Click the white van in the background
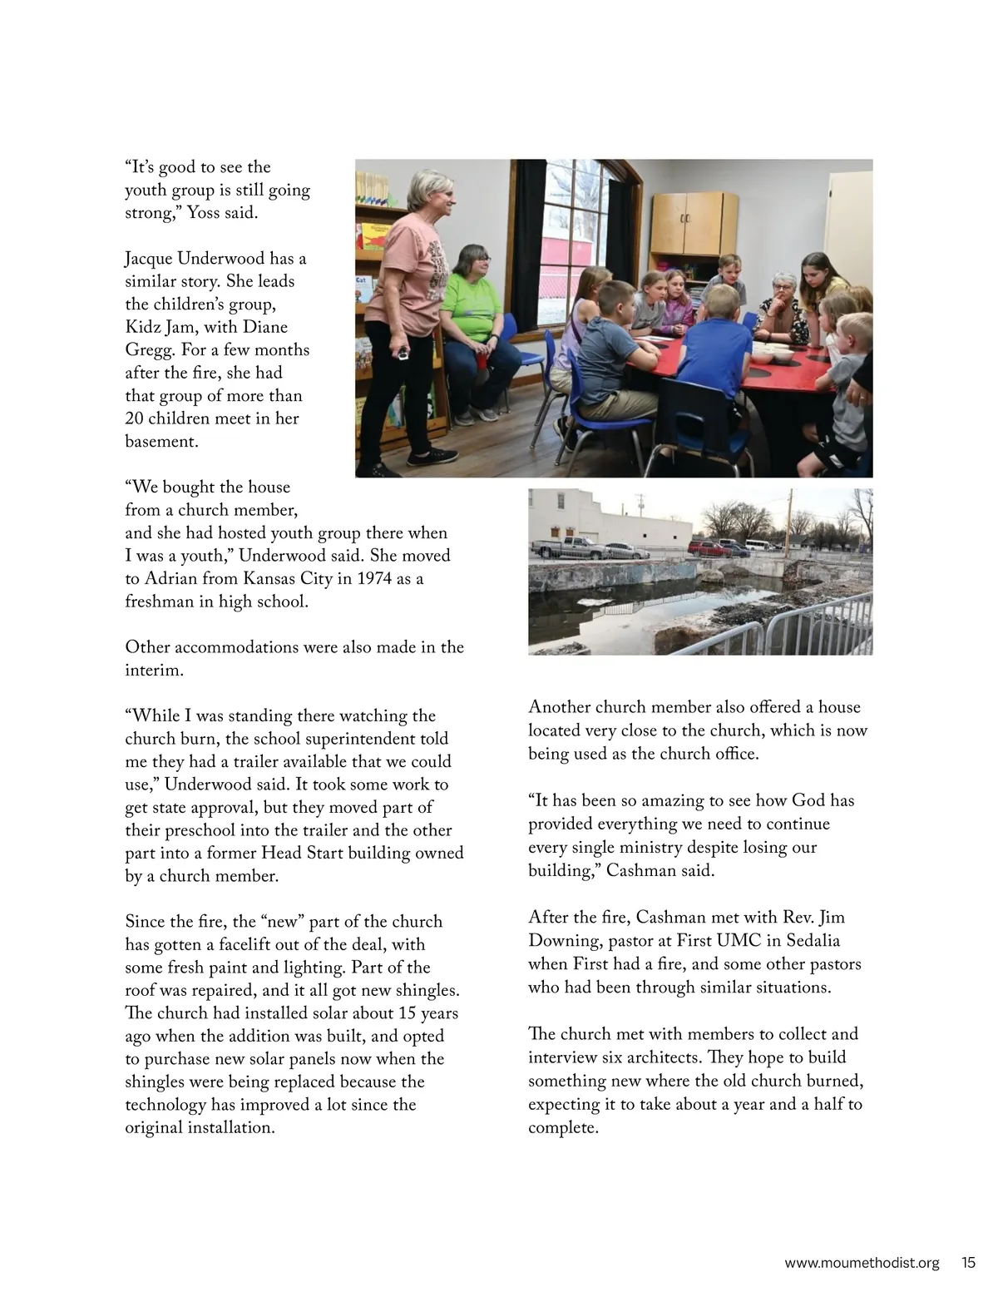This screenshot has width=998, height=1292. (758, 545)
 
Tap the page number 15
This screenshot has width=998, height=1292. (968, 1262)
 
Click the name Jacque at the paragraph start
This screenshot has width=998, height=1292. (149, 259)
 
